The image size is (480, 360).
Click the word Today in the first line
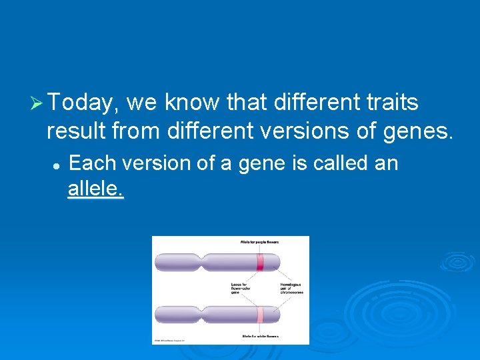click(81, 103)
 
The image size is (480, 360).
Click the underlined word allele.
click(95, 189)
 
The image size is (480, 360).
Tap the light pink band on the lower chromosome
click(260, 315)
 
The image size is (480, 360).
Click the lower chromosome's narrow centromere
click(197, 315)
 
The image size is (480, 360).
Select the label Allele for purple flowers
click(260, 242)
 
